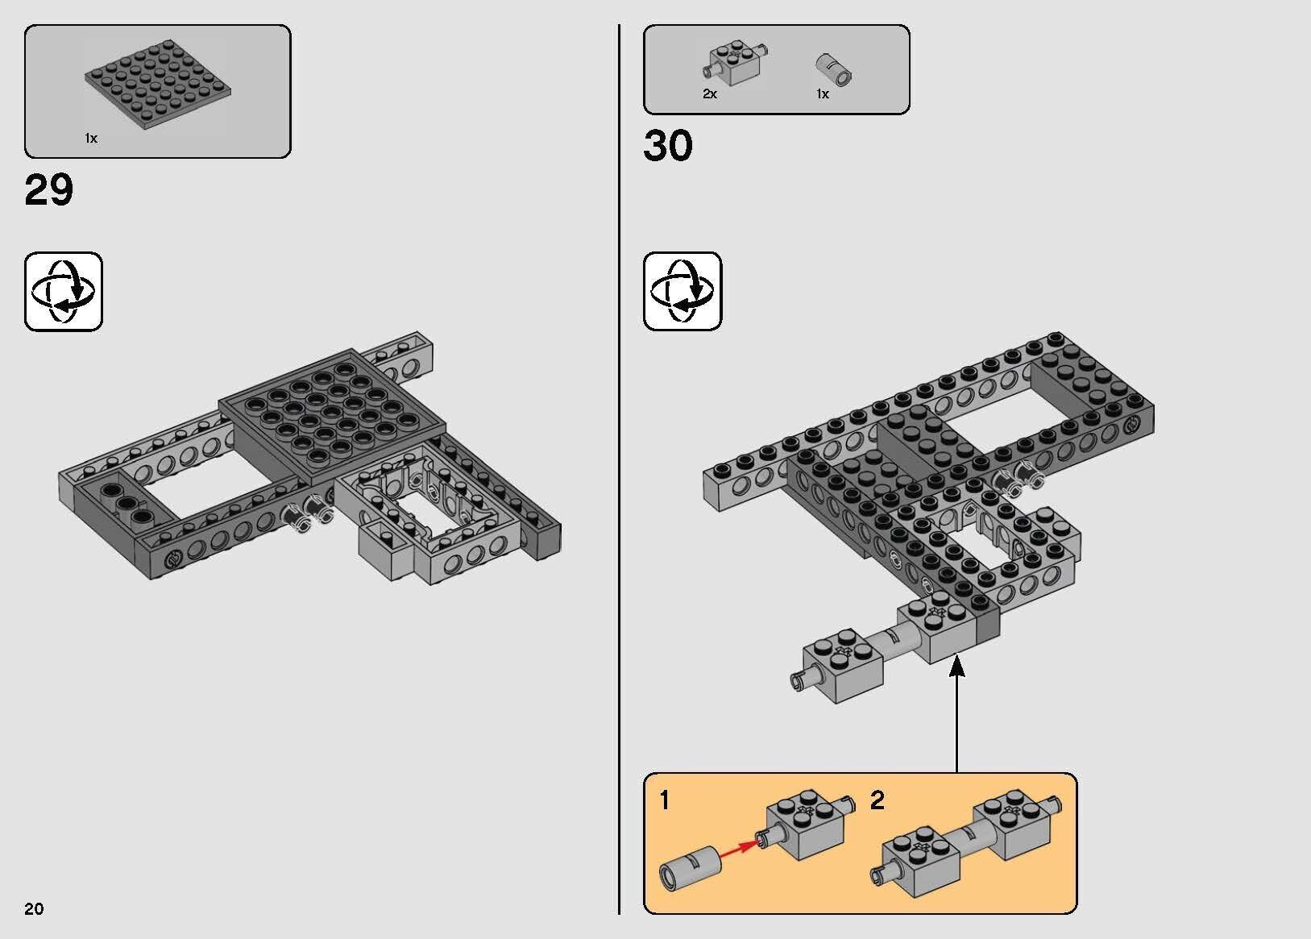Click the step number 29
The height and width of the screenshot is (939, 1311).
(x=49, y=191)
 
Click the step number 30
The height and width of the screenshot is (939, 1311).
(x=668, y=147)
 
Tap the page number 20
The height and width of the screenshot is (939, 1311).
(x=34, y=909)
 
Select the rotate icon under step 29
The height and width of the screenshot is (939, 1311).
(x=64, y=291)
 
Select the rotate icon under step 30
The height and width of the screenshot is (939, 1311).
(x=682, y=291)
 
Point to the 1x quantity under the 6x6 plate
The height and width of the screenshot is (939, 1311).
(x=91, y=139)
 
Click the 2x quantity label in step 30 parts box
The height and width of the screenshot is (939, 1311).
(x=709, y=94)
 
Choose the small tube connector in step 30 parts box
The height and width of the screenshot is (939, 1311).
(x=835, y=69)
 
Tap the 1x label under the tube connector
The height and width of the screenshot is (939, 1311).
(x=822, y=94)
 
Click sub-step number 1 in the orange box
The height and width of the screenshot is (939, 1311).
(x=664, y=800)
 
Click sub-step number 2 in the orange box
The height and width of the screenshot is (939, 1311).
(x=877, y=800)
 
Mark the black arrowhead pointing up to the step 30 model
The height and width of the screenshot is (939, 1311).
(x=957, y=666)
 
